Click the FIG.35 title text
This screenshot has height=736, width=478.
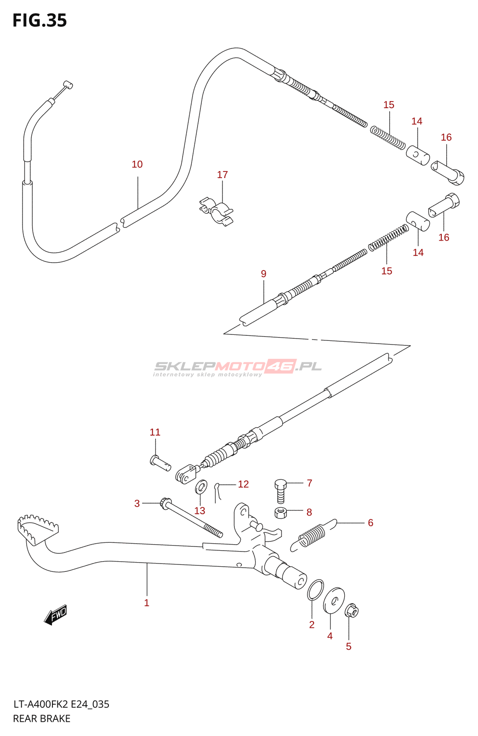point(40,20)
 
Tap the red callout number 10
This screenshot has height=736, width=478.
point(137,164)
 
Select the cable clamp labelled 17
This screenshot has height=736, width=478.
point(216,211)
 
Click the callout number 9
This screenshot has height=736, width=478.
point(264,274)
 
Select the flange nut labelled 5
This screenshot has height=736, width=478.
point(352,611)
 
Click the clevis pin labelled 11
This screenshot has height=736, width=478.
point(160,463)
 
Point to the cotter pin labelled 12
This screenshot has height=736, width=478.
point(218,493)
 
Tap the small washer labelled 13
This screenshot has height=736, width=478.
point(201,487)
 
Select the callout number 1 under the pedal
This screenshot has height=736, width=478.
point(147,603)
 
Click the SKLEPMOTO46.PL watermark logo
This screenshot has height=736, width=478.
point(238,368)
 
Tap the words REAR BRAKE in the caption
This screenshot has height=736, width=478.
point(42,719)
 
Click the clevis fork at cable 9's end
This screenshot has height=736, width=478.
point(186,474)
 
